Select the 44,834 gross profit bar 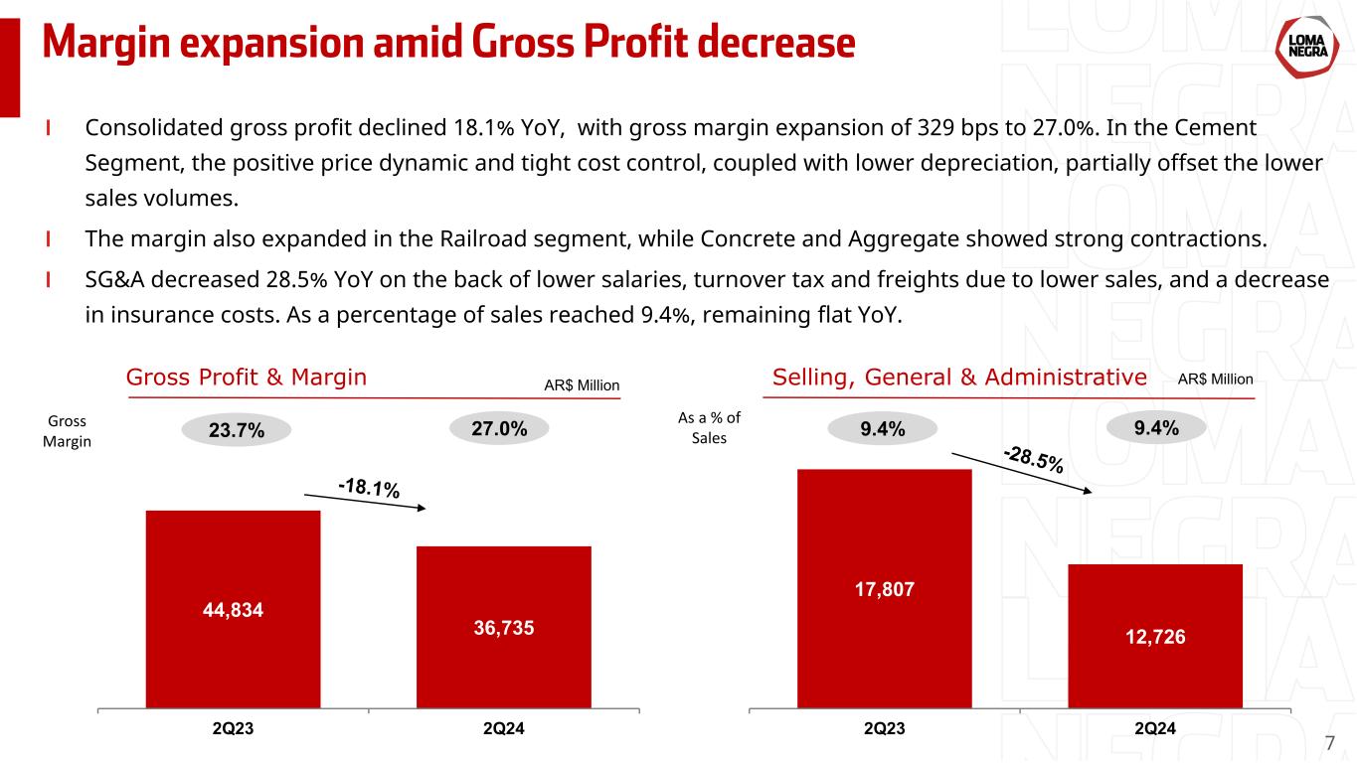233,608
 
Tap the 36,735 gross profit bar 504,626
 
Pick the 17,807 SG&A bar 884,587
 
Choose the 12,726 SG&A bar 1154,635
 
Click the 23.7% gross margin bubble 237,430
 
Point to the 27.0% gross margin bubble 500,428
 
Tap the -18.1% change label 369,488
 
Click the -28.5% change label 1034,459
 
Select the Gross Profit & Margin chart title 247,378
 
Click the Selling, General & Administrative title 959,378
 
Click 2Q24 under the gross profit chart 504,729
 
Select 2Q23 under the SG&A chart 884,729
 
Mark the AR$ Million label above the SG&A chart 1215,380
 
